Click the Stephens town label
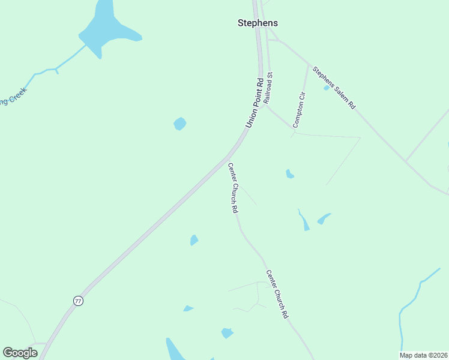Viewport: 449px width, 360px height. pyautogui.click(x=258, y=23)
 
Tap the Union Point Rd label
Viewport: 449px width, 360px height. pyautogui.click(x=255, y=103)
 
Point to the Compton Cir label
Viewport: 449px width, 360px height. pyautogui.click(x=299, y=109)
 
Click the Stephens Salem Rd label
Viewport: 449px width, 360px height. pyautogui.click(x=334, y=88)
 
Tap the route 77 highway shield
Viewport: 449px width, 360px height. pyautogui.click(x=78, y=301)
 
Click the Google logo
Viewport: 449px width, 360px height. pyautogui.click(x=20, y=353)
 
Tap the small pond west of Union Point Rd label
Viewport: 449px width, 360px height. pyautogui.click(x=179, y=124)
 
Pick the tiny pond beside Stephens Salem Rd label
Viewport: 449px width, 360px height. pyautogui.click(x=327, y=88)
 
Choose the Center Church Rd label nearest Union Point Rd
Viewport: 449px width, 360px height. pyautogui.click(x=234, y=188)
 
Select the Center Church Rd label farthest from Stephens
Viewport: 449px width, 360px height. pyautogui.click(x=277, y=294)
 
